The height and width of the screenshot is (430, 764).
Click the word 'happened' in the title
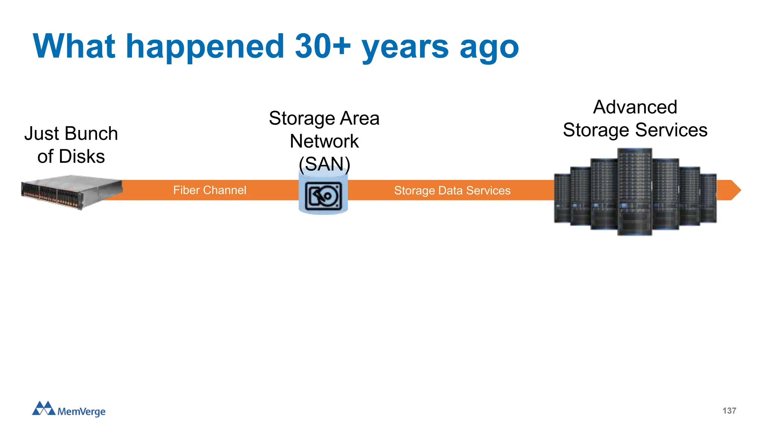[x=205, y=47]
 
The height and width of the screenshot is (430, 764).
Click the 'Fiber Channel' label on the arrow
[x=210, y=190]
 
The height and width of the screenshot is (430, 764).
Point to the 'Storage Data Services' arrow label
[x=452, y=191]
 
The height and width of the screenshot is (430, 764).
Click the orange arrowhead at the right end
[x=734, y=190]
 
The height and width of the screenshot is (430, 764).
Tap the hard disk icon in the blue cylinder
[x=323, y=196]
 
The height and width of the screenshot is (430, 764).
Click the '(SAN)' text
[x=325, y=164]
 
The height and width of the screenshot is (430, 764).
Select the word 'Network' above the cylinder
[x=324, y=141]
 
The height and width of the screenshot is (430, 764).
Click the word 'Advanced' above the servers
[x=635, y=107]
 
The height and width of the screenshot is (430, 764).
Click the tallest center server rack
[x=635, y=191]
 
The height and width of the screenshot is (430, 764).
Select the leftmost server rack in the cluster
[x=562, y=198]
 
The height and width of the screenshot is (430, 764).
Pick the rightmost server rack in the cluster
[x=708, y=198]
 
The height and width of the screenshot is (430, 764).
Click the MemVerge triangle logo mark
[x=44, y=408]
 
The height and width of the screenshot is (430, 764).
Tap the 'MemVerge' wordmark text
[x=81, y=411]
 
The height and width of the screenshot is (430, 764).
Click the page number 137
[x=729, y=411]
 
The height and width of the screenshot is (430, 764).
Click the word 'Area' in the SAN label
[x=360, y=118]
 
